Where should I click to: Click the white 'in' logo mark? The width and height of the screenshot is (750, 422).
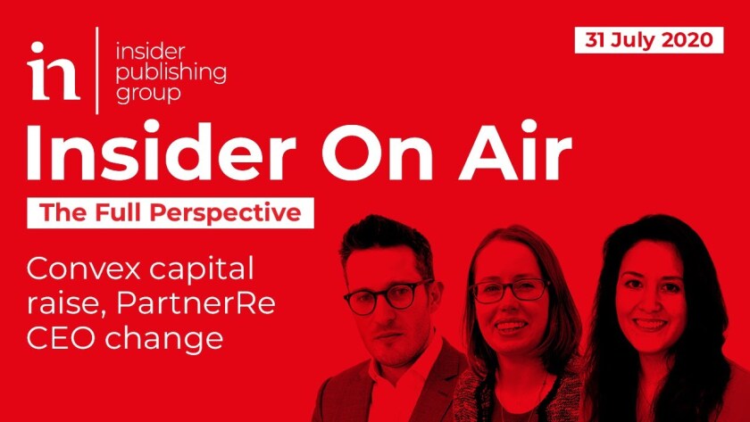tap(53, 70)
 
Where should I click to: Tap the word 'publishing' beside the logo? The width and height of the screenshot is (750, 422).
tap(171, 73)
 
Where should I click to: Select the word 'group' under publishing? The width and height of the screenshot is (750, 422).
tap(148, 92)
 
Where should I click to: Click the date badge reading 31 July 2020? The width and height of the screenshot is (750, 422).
tap(648, 40)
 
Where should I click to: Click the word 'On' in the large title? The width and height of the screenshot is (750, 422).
tap(377, 152)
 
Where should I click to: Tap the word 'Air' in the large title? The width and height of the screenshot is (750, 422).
tap(515, 152)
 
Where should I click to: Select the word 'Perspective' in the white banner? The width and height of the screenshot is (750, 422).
tap(225, 213)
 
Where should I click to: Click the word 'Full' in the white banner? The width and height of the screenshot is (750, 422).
tap(119, 212)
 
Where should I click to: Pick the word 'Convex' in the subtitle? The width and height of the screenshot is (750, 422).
tap(83, 269)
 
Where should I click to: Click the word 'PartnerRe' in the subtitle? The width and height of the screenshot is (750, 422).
tap(196, 304)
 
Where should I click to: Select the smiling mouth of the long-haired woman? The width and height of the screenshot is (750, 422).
tap(648, 325)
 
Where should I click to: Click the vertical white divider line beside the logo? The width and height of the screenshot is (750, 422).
tap(97, 70)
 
